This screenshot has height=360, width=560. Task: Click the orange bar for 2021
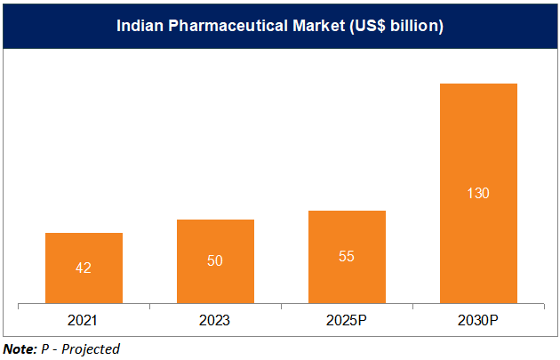pos(84,268)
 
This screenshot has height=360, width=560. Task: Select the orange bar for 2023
pos(215,260)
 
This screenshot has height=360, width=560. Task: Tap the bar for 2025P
pos(347,256)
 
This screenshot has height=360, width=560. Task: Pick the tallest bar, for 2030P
pos(478,193)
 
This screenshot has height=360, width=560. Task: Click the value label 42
pos(84,268)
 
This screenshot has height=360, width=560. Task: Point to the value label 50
pos(215,260)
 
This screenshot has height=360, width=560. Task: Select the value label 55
pos(347,256)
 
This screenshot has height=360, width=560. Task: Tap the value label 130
pos(478,193)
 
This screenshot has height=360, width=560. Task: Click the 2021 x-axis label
pos(84,319)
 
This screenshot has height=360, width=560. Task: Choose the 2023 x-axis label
pos(215,319)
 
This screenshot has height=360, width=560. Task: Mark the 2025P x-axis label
pos(347,319)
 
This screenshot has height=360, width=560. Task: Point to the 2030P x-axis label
pos(478,319)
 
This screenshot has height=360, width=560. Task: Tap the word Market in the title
pos(315,26)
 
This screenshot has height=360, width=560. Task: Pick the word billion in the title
pos(416,26)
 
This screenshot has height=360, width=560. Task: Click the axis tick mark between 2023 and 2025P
pos(281,307)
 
